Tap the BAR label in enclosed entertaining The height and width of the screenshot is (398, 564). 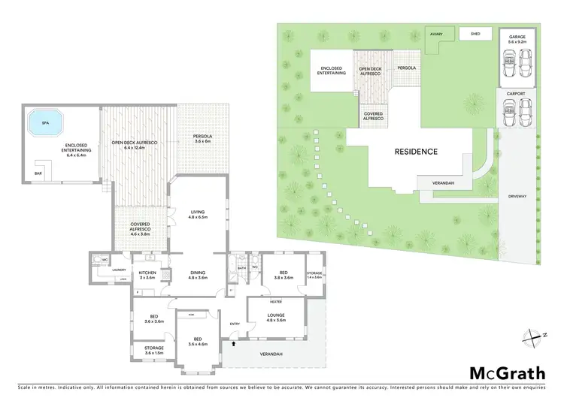pos(38,173)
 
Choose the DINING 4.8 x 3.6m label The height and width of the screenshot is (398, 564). pos(198,276)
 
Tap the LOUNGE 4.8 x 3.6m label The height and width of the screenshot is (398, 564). pos(276,318)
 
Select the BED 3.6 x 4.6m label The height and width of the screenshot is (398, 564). pos(198,341)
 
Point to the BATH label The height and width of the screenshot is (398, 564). pos(242,267)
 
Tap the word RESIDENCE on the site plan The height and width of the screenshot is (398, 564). pos(417,151)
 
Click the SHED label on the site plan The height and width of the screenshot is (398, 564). pos(475,34)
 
